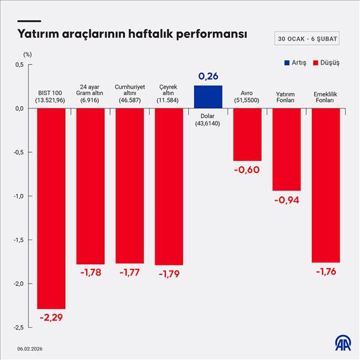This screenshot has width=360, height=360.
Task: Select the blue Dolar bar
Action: point(208,96)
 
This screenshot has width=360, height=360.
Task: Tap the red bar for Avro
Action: point(247,134)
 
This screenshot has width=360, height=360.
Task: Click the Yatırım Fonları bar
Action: point(286,150)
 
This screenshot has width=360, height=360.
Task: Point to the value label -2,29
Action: point(51,316)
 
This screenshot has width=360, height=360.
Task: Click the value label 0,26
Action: point(208,77)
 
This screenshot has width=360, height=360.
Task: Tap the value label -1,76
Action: point(326,271)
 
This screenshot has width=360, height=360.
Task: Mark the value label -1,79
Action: point(169,273)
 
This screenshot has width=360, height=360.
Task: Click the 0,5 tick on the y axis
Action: point(18,65)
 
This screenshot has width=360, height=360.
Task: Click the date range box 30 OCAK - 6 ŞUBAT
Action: point(307,39)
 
